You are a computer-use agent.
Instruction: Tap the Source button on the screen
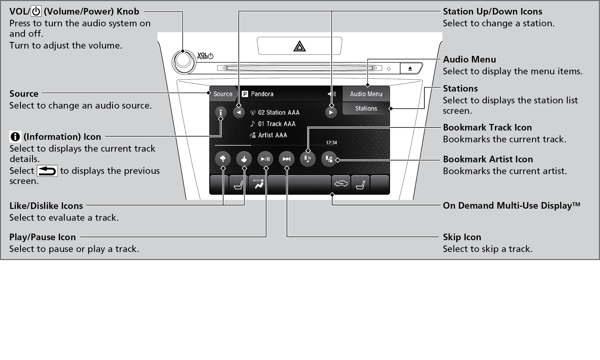pos(223,94)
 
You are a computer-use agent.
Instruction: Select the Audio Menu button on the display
pos(366,94)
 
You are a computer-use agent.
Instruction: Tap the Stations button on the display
pos(366,109)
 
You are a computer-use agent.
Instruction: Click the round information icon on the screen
pos(221,112)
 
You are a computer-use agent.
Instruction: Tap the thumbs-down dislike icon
pos(223,159)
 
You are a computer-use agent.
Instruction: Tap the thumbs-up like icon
pos(244,159)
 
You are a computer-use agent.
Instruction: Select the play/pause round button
pos(265,159)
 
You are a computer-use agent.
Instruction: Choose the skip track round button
pos(286,159)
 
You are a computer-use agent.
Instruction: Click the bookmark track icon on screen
pos(308,159)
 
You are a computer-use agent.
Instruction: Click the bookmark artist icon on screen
pos(329,159)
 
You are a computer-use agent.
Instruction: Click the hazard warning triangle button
pos(300,46)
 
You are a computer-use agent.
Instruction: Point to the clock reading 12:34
pos(331,143)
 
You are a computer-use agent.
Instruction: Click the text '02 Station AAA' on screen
pos(278,113)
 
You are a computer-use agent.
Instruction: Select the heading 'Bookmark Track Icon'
pos(487,127)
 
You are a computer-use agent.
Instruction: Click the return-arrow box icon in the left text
pos(47,171)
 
